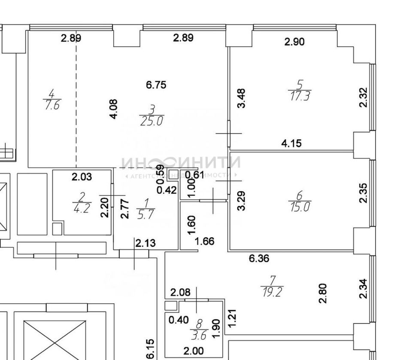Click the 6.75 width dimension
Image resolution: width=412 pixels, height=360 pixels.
156,85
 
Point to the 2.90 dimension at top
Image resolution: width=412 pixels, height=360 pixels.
294,42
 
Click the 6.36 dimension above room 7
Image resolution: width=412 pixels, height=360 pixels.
259,259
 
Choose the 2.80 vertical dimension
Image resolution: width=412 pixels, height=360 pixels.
323,293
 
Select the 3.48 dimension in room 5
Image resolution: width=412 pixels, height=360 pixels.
241,98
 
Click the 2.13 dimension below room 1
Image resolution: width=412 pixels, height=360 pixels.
145,244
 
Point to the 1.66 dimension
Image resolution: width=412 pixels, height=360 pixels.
205,241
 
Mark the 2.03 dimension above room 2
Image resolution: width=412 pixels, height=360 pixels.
82,177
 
